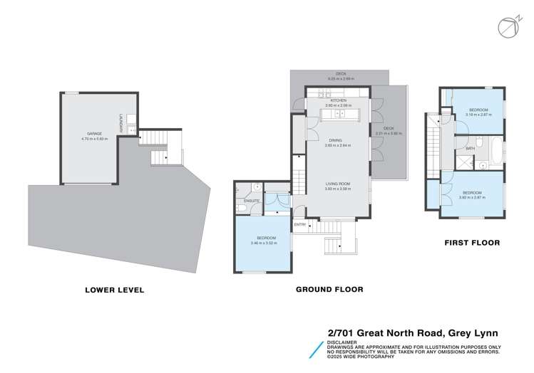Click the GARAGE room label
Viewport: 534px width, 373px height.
click(x=94, y=133)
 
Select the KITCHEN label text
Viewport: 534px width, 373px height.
click(x=338, y=100)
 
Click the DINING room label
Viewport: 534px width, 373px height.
click(x=338, y=141)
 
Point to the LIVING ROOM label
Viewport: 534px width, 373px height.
click(x=338, y=183)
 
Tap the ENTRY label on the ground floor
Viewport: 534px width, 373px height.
click(x=301, y=225)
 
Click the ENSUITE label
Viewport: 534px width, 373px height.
click(x=250, y=201)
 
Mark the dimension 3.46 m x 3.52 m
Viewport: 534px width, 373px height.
click(x=263, y=243)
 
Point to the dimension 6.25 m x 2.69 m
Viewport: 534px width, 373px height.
click(x=340, y=79)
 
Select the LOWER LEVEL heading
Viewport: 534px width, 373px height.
click(x=115, y=290)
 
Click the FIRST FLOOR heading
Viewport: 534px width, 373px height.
click(x=472, y=243)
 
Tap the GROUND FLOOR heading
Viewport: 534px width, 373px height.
click(x=329, y=290)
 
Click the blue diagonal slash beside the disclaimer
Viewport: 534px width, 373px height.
click(x=314, y=349)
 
